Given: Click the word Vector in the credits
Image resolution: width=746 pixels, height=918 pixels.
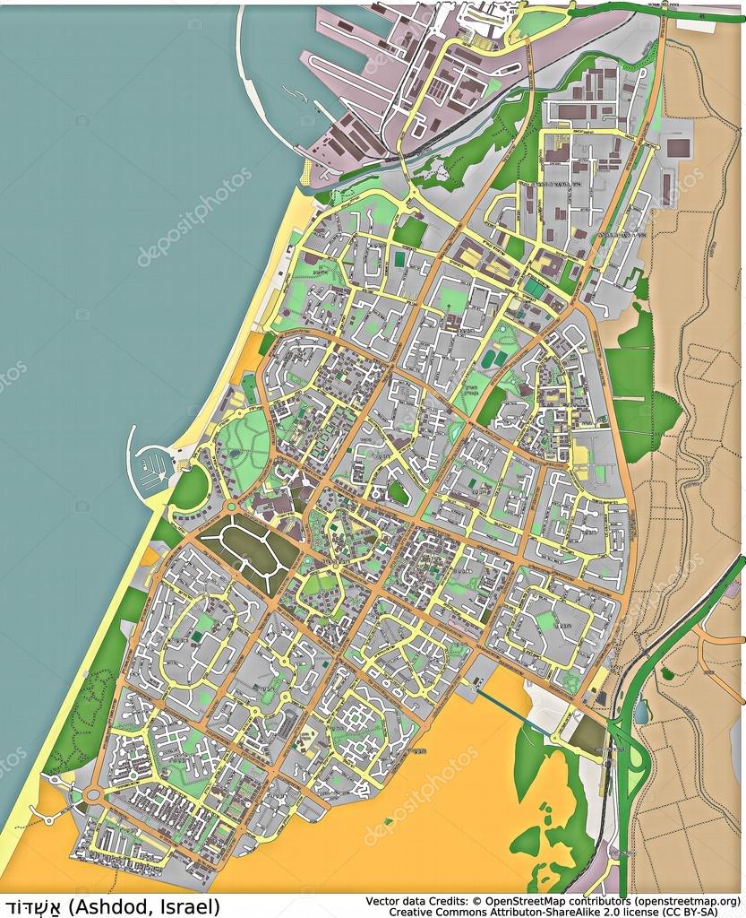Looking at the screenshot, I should pyautogui.click(x=383, y=899).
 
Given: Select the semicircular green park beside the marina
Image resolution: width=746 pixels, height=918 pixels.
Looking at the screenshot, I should pyautogui.click(x=190, y=487).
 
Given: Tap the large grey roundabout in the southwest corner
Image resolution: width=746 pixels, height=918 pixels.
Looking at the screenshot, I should pyautogui.click(x=93, y=794).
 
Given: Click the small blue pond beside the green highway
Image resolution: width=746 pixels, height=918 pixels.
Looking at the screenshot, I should pyautogui.click(x=642, y=712).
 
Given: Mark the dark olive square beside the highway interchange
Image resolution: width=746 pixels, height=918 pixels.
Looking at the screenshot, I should pyautogui.click(x=587, y=735).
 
